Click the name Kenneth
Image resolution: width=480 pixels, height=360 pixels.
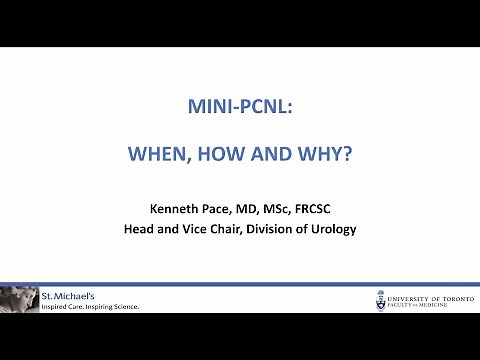pyautogui.click(x=176, y=208)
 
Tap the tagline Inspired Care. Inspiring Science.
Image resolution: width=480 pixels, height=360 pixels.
pyautogui.click(x=89, y=306)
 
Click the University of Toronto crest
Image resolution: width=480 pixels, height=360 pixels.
pyautogui.click(x=382, y=300)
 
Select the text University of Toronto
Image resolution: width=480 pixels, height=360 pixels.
pyautogui.click(x=430, y=296)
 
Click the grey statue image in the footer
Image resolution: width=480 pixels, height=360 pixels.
pyautogui.click(x=19, y=299)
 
